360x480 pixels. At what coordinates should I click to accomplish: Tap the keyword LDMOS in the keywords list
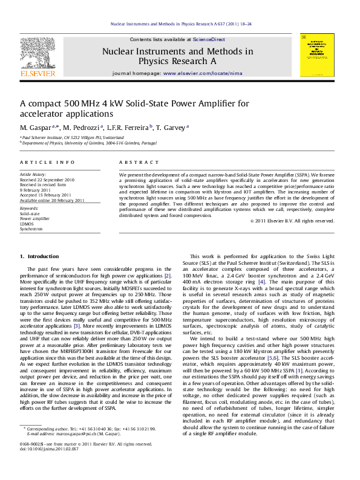(x=27, y=224)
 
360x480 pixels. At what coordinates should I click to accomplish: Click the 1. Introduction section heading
(x=40, y=256)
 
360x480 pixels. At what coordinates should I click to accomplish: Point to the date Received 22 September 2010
(x=47, y=180)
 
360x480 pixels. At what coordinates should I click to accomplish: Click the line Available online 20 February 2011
(x=52, y=200)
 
